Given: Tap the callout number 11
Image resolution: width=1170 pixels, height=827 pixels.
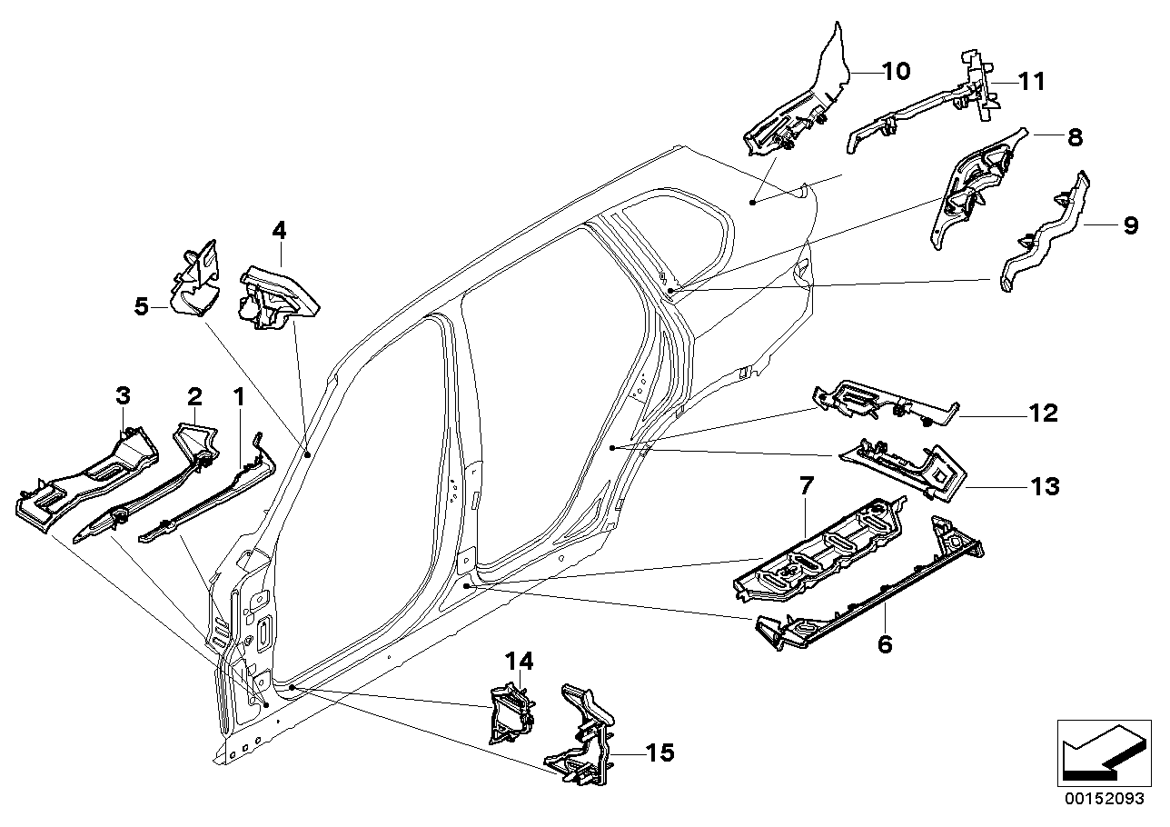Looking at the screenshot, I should [x=1030, y=82].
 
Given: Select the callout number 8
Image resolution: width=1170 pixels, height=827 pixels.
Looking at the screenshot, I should [x=1075, y=138].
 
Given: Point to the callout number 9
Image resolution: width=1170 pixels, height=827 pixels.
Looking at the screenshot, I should [x=1130, y=224].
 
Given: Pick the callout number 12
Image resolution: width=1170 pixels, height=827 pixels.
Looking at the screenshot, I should [x=1043, y=414].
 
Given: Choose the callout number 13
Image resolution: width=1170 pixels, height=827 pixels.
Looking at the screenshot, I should [x=1044, y=488].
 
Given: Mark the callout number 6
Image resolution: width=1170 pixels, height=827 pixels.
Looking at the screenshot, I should [x=885, y=644].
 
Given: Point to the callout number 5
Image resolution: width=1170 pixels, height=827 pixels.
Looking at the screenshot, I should [x=141, y=307].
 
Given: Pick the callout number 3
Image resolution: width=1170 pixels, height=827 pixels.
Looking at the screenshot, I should [x=123, y=395].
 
